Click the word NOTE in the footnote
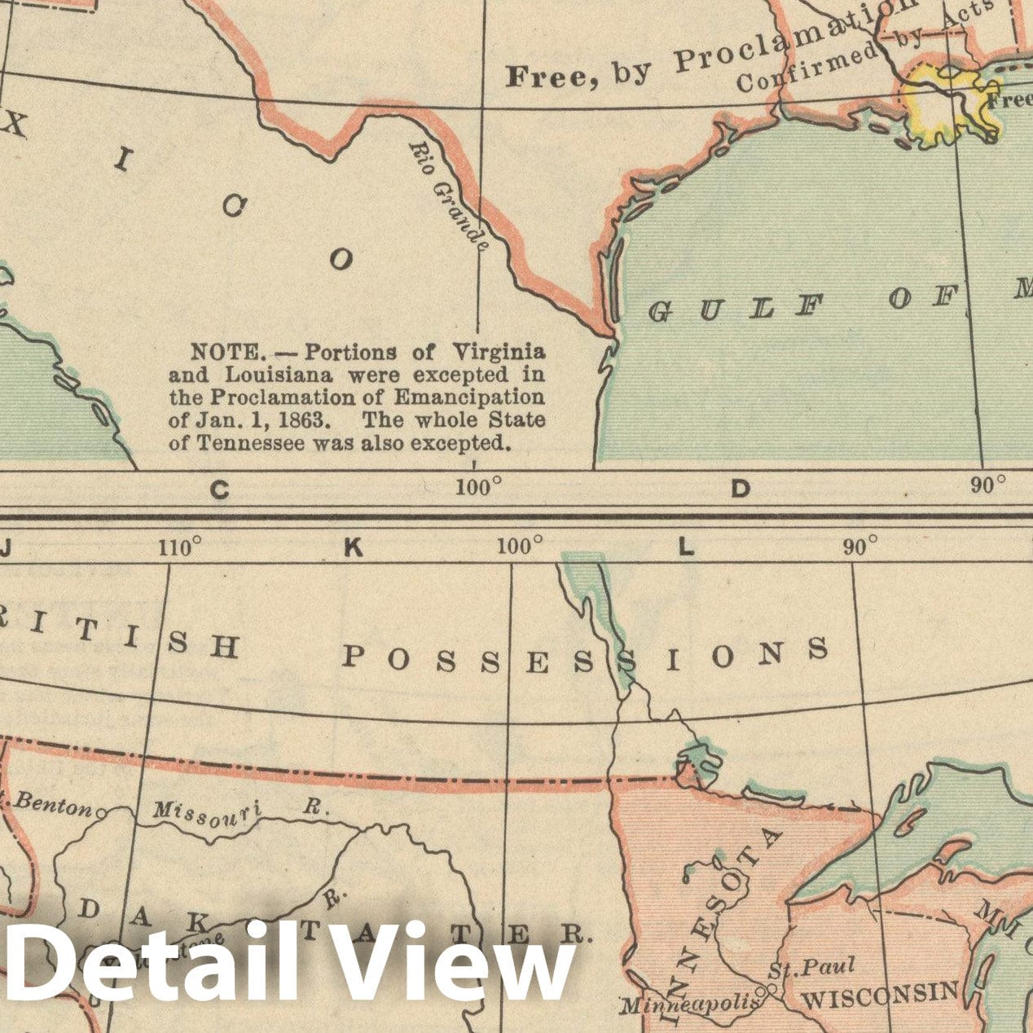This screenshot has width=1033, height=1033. (x=226, y=353)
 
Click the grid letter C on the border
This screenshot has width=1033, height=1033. (x=219, y=490)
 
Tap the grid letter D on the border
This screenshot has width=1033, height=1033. (x=740, y=489)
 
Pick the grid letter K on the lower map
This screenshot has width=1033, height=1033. (x=353, y=548)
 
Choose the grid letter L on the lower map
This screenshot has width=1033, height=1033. (x=686, y=548)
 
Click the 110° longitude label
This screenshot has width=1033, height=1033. (x=180, y=547)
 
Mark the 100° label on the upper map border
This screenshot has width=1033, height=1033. (x=478, y=488)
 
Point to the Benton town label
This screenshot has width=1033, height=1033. (x=54, y=804)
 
